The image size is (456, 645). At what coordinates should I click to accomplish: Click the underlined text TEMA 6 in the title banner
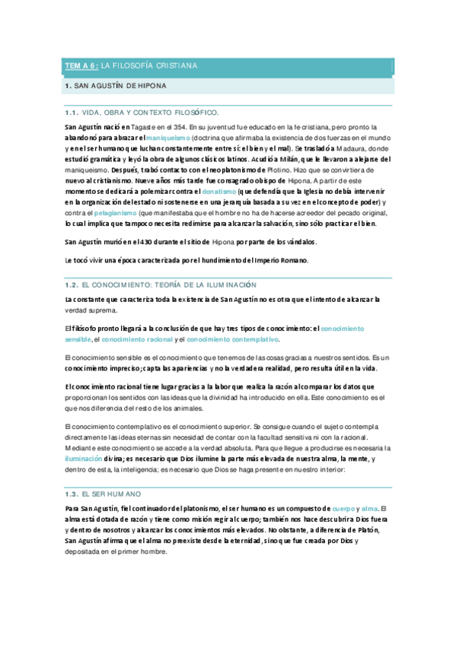pos(80,66)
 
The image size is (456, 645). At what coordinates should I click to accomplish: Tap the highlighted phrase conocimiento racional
pos(136,339)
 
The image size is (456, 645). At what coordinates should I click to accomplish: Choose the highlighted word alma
pos(370,486)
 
